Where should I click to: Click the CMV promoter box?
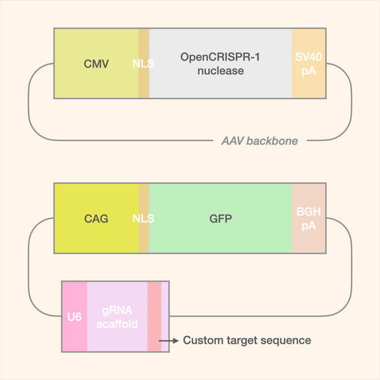tap(96, 63)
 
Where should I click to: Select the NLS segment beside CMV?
tap(143, 63)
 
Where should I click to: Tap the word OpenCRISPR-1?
tap(220, 56)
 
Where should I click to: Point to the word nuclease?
tap(220, 71)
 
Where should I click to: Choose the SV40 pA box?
tap(309, 63)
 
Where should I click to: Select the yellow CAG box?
tap(96, 218)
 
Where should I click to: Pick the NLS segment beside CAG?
tap(143, 218)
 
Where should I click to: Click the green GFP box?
tap(220, 218)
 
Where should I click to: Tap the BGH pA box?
tap(309, 218)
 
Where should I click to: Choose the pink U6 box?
tap(74, 317)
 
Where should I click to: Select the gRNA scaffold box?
tap(117, 317)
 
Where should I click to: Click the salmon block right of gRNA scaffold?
tap(155, 317)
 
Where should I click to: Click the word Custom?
tap(204, 341)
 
